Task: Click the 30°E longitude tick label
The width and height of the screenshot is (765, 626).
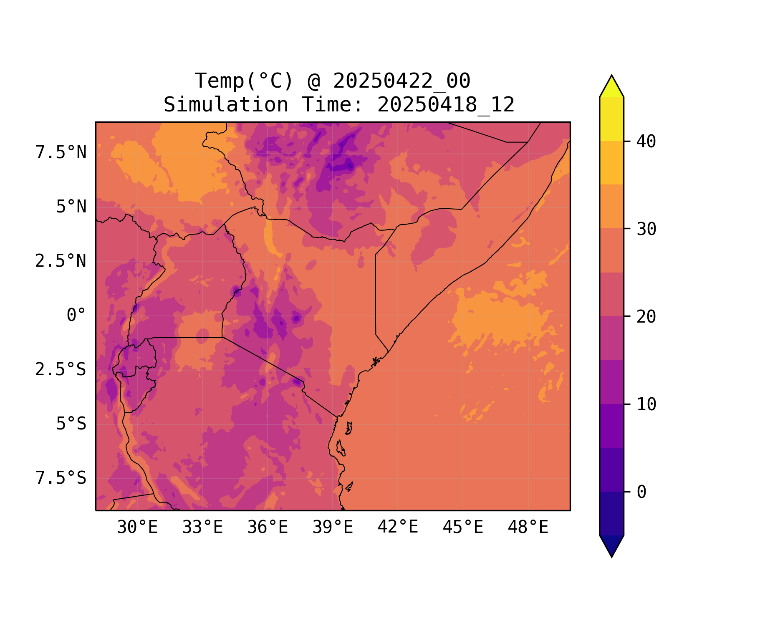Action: (x=137, y=528)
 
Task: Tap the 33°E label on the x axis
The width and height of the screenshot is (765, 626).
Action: (x=202, y=528)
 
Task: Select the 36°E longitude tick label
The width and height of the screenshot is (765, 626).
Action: (x=268, y=528)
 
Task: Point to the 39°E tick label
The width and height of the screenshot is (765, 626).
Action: (x=333, y=528)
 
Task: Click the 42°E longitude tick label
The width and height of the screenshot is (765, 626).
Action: (x=398, y=527)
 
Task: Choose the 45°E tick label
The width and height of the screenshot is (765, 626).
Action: (x=463, y=528)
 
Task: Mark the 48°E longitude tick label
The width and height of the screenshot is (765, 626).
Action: (x=528, y=528)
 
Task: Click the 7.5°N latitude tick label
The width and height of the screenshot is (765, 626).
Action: (x=61, y=153)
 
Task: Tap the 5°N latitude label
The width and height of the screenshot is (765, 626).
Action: (x=71, y=207)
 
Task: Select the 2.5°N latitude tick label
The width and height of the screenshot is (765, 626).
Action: (x=61, y=261)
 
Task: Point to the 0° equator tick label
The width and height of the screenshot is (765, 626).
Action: (x=76, y=316)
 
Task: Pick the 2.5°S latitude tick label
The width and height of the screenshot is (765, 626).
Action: (x=61, y=370)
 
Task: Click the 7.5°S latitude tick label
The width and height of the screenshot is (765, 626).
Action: (x=61, y=478)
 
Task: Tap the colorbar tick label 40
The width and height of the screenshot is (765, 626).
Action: (x=646, y=141)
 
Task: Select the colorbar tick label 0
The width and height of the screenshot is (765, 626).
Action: (x=641, y=492)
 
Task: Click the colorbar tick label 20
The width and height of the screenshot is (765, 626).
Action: (x=646, y=317)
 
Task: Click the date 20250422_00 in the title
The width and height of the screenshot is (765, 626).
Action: (x=401, y=81)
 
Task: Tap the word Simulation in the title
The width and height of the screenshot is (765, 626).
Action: (x=226, y=105)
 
